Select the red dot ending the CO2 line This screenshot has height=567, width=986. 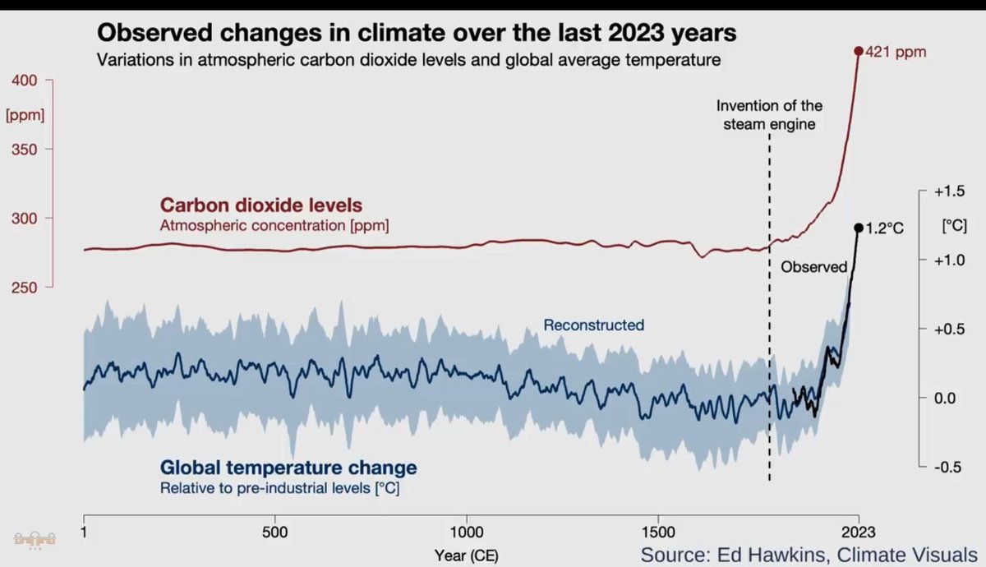(859, 51)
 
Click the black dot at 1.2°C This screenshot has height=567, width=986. (858, 228)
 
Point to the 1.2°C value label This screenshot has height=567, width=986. (884, 229)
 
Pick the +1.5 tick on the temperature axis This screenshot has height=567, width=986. (948, 191)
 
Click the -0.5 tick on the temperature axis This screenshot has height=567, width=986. (948, 467)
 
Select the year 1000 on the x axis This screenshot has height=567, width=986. (467, 532)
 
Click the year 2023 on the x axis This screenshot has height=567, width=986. (858, 532)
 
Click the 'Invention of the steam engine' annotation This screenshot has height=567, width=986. (769, 115)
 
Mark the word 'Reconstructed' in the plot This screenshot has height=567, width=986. (593, 325)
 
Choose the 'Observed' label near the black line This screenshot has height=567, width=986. (813, 267)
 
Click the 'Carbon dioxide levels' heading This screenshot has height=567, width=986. (261, 205)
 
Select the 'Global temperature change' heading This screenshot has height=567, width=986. (288, 468)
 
